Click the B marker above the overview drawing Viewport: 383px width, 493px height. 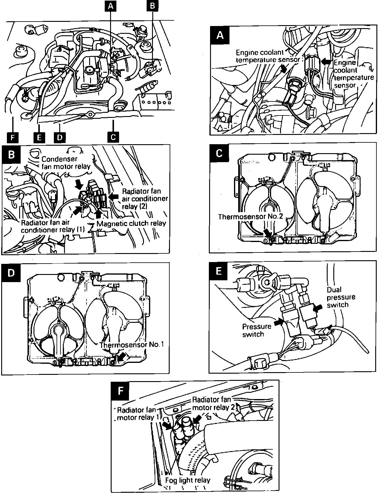tap(152, 7)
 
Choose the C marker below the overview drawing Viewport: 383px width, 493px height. tap(113, 137)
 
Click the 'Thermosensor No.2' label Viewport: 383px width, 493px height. tap(250, 216)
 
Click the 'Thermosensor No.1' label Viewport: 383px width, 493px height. tap(132, 344)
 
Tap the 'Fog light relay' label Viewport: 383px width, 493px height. tap(188, 480)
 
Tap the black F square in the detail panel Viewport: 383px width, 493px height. tap(120, 391)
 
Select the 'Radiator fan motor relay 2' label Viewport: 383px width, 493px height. tap(211, 403)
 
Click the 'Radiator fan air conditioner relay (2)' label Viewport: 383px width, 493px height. tap(145, 199)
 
